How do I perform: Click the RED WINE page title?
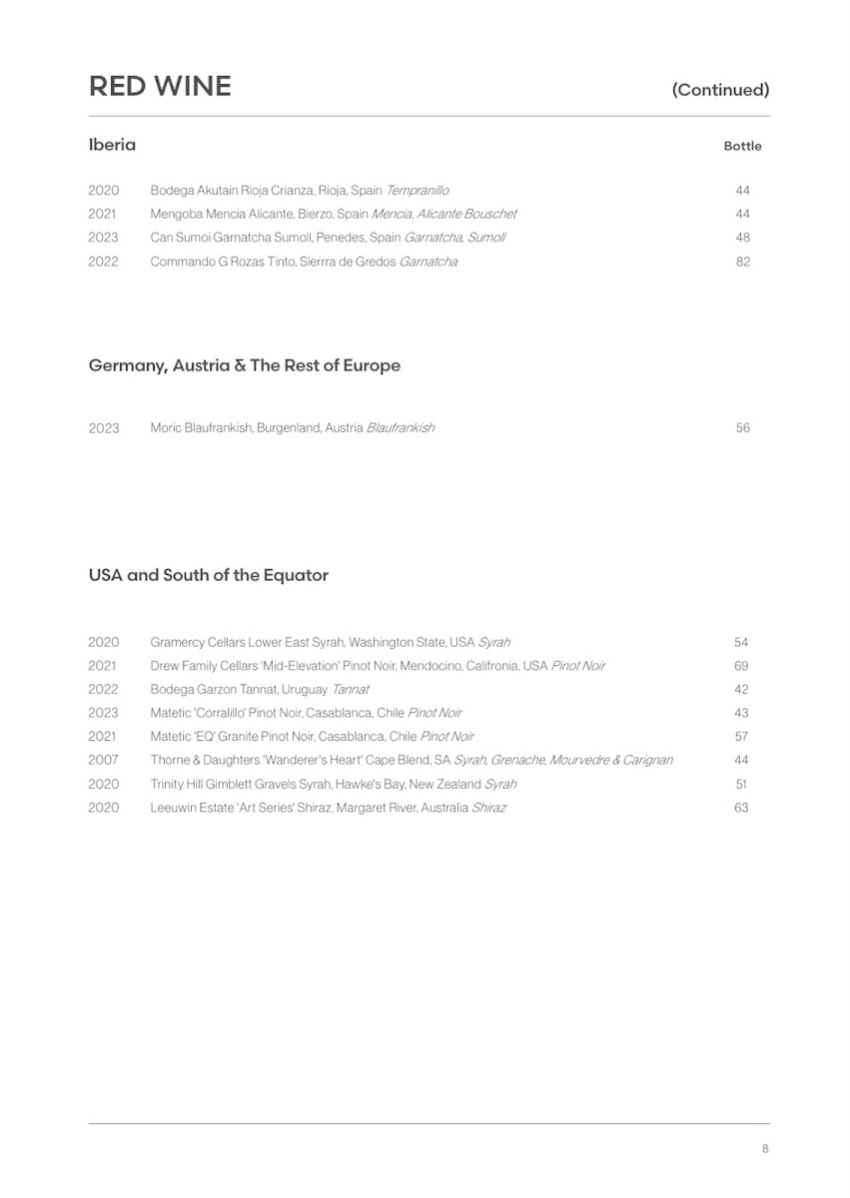point(160,87)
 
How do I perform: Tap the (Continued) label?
point(720,90)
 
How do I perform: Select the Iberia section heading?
point(112,145)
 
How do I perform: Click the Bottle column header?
point(742,146)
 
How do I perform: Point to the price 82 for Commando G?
point(742,262)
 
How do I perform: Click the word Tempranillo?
point(418,190)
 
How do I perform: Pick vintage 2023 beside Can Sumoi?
point(103,238)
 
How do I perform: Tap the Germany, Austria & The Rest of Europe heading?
point(245,365)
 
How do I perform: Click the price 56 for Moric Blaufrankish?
point(742,428)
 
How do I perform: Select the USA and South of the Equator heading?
point(209,575)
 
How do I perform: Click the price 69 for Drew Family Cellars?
point(741,666)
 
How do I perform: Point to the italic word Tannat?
point(351,690)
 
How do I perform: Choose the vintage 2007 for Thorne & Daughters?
point(103,761)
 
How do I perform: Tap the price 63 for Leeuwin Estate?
point(741,808)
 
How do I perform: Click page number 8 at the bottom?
point(765,1149)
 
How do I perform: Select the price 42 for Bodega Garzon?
point(741,690)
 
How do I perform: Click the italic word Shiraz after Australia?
point(488,808)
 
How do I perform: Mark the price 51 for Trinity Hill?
point(741,785)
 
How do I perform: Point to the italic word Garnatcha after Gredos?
point(428,262)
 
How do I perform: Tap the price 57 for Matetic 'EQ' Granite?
point(741,737)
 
